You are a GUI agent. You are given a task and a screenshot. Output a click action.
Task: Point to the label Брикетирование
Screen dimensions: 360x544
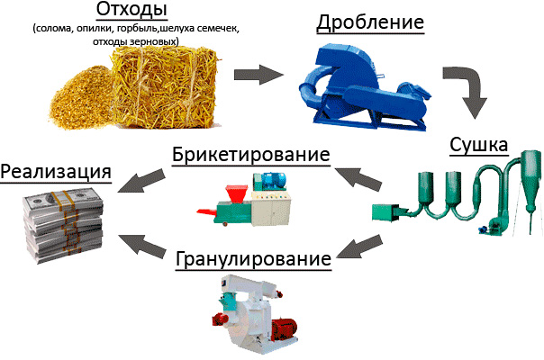click(248, 154)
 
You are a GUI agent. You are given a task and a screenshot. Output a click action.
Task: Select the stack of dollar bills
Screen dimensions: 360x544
click(64, 224)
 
